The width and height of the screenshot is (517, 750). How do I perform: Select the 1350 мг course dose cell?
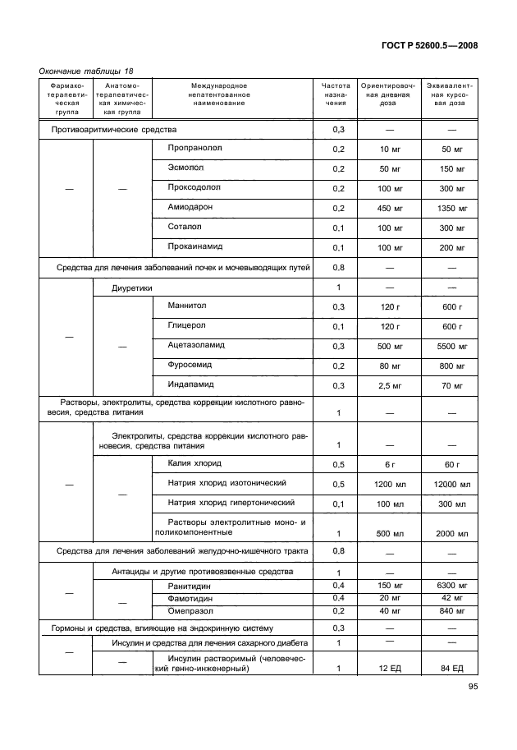click(453, 209)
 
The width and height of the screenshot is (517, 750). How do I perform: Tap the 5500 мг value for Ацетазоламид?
click(453, 346)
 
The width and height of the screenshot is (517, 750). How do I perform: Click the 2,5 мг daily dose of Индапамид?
click(390, 385)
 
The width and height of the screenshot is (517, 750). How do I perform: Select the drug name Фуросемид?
click(191, 365)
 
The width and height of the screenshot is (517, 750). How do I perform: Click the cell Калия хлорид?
click(195, 463)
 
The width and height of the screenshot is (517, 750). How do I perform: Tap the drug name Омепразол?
click(191, 610)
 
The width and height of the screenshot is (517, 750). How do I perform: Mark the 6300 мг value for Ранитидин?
click(453, 585)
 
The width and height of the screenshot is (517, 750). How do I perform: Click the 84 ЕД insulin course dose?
click(453, 669)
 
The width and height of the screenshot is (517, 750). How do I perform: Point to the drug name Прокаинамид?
click(195, 246)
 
